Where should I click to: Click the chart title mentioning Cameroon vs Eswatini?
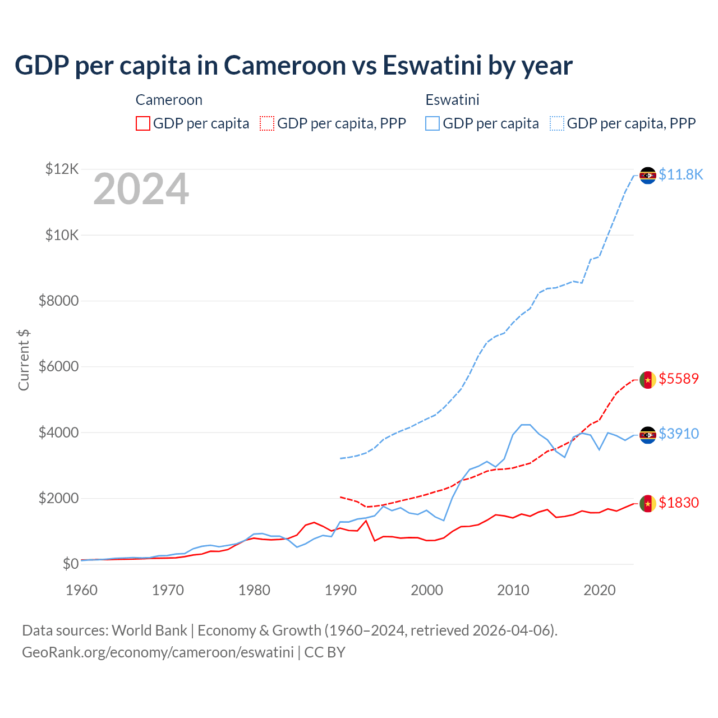click(293, 66)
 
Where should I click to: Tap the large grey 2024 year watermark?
click(141, 190)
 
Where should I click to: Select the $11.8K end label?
click(680, 175)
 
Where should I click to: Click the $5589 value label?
click(679, 379)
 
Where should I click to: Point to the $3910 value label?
click(679, 434)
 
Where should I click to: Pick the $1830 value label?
click(679, 503)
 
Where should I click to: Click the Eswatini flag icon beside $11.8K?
click(648, 176)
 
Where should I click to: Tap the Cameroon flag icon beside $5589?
click(648, 380)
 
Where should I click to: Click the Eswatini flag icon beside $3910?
click(648, 435)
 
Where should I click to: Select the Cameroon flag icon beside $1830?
click(648, 504)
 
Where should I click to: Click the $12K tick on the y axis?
click(62, 169)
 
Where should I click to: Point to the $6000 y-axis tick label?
click(58, 367)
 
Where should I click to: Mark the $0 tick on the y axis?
click(70, 564)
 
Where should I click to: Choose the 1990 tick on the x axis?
click(340, 591)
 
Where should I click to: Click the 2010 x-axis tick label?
click(513, 591)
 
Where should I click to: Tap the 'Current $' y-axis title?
click(24, 360)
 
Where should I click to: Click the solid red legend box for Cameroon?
click(143, 123)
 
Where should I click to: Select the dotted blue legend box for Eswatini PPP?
click(557, 123)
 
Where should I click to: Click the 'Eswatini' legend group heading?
click(452, 100)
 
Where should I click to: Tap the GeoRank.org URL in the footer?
click(158, 652)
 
